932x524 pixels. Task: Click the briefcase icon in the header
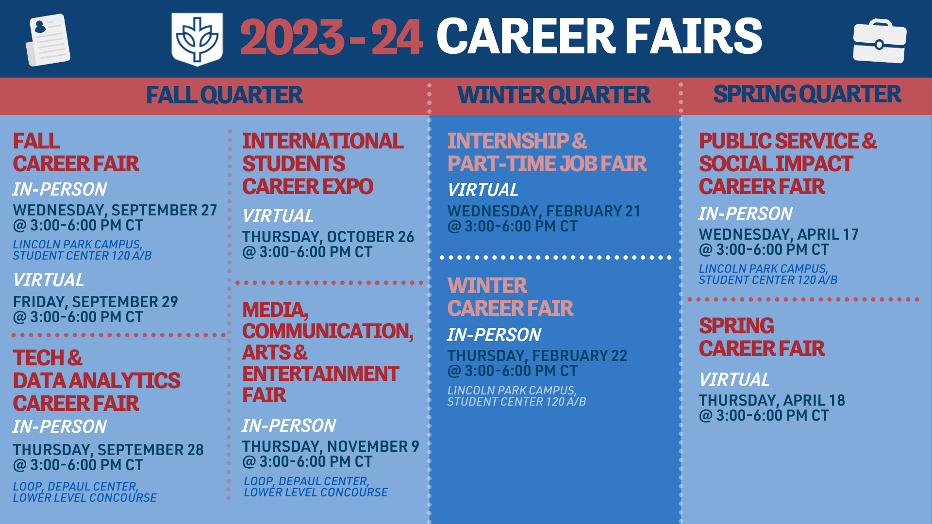(x=879, y=42)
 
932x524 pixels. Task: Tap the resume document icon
(x=48, y=40)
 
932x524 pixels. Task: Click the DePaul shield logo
(x=197, y=39)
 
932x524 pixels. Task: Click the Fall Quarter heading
(x=224, y=95)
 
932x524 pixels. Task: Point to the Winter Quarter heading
(x=553, y=95)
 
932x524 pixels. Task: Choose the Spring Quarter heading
(x=807, y=94)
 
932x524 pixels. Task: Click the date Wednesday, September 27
(x=115, y=210)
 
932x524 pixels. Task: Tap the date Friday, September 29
(x=95, y=302)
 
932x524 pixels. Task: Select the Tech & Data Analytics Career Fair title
(x=96, y=380)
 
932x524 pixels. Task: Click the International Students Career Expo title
(x=322, y=164)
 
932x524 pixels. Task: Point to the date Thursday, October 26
(x=328, y=237)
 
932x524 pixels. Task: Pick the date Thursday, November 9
(x=330, y=446)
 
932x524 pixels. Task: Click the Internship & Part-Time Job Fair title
(x=547, y=152)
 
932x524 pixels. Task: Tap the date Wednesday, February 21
(x=544, y=211)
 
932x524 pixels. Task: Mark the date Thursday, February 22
(x=537, y=356)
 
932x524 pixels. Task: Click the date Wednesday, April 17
(x=779, y=234)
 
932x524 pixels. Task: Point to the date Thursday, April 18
(x=772, y=400)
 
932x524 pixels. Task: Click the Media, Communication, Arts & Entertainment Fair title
(x=327, y=352)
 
